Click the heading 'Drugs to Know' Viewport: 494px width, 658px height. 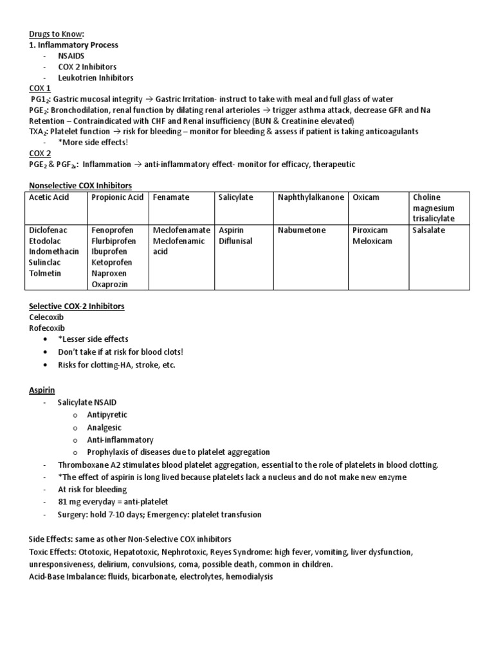57,34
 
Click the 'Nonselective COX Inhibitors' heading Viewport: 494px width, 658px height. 80,186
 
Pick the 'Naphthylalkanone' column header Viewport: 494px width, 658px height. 311,197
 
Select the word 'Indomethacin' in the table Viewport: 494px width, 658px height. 54,251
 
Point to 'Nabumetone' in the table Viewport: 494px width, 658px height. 302,230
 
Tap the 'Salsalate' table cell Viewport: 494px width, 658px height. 428,230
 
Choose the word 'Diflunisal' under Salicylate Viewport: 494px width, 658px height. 235,241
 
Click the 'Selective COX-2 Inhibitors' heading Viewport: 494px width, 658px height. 77,307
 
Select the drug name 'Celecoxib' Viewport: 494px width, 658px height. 46,317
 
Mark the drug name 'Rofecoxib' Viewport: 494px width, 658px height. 47,328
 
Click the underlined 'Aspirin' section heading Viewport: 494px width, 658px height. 42,390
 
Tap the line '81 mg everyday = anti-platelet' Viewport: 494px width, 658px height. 113,502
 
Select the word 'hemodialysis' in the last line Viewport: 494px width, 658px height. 249,577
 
